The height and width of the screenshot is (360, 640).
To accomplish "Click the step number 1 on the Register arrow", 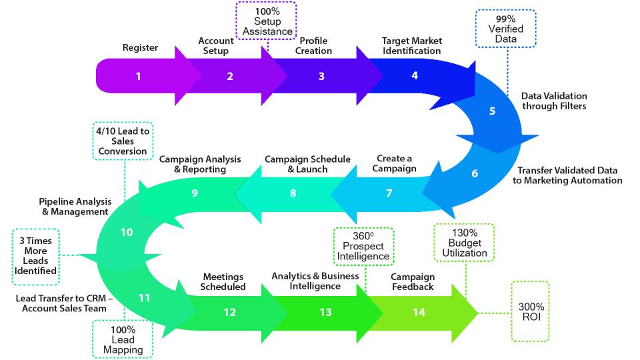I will point(139,76).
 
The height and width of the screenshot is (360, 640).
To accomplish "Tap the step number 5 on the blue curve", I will point(493,111).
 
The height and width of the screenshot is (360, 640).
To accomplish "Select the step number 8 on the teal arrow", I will point(293,193).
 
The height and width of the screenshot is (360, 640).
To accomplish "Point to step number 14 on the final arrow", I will point(419,313).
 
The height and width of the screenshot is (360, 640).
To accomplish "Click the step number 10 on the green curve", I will point(127,233).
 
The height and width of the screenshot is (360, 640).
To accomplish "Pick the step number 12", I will point(230,313).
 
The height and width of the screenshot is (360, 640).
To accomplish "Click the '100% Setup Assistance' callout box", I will point(267,21).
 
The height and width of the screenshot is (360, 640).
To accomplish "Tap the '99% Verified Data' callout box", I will point(505,28).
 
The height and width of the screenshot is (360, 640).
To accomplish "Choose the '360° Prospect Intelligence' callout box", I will point(363,246).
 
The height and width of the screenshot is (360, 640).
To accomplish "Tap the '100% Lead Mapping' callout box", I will point(123,340).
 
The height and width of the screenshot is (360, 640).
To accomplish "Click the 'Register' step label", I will point(140,48).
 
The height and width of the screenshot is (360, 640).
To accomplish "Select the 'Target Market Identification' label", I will point(411,45).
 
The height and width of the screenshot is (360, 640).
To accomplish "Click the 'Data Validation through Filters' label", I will point(554,101).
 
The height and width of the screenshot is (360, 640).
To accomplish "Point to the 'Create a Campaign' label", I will point(394,163).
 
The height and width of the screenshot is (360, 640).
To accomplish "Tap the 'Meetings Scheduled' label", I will point(223,281).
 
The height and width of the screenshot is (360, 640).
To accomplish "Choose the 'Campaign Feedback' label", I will point(412,281).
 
